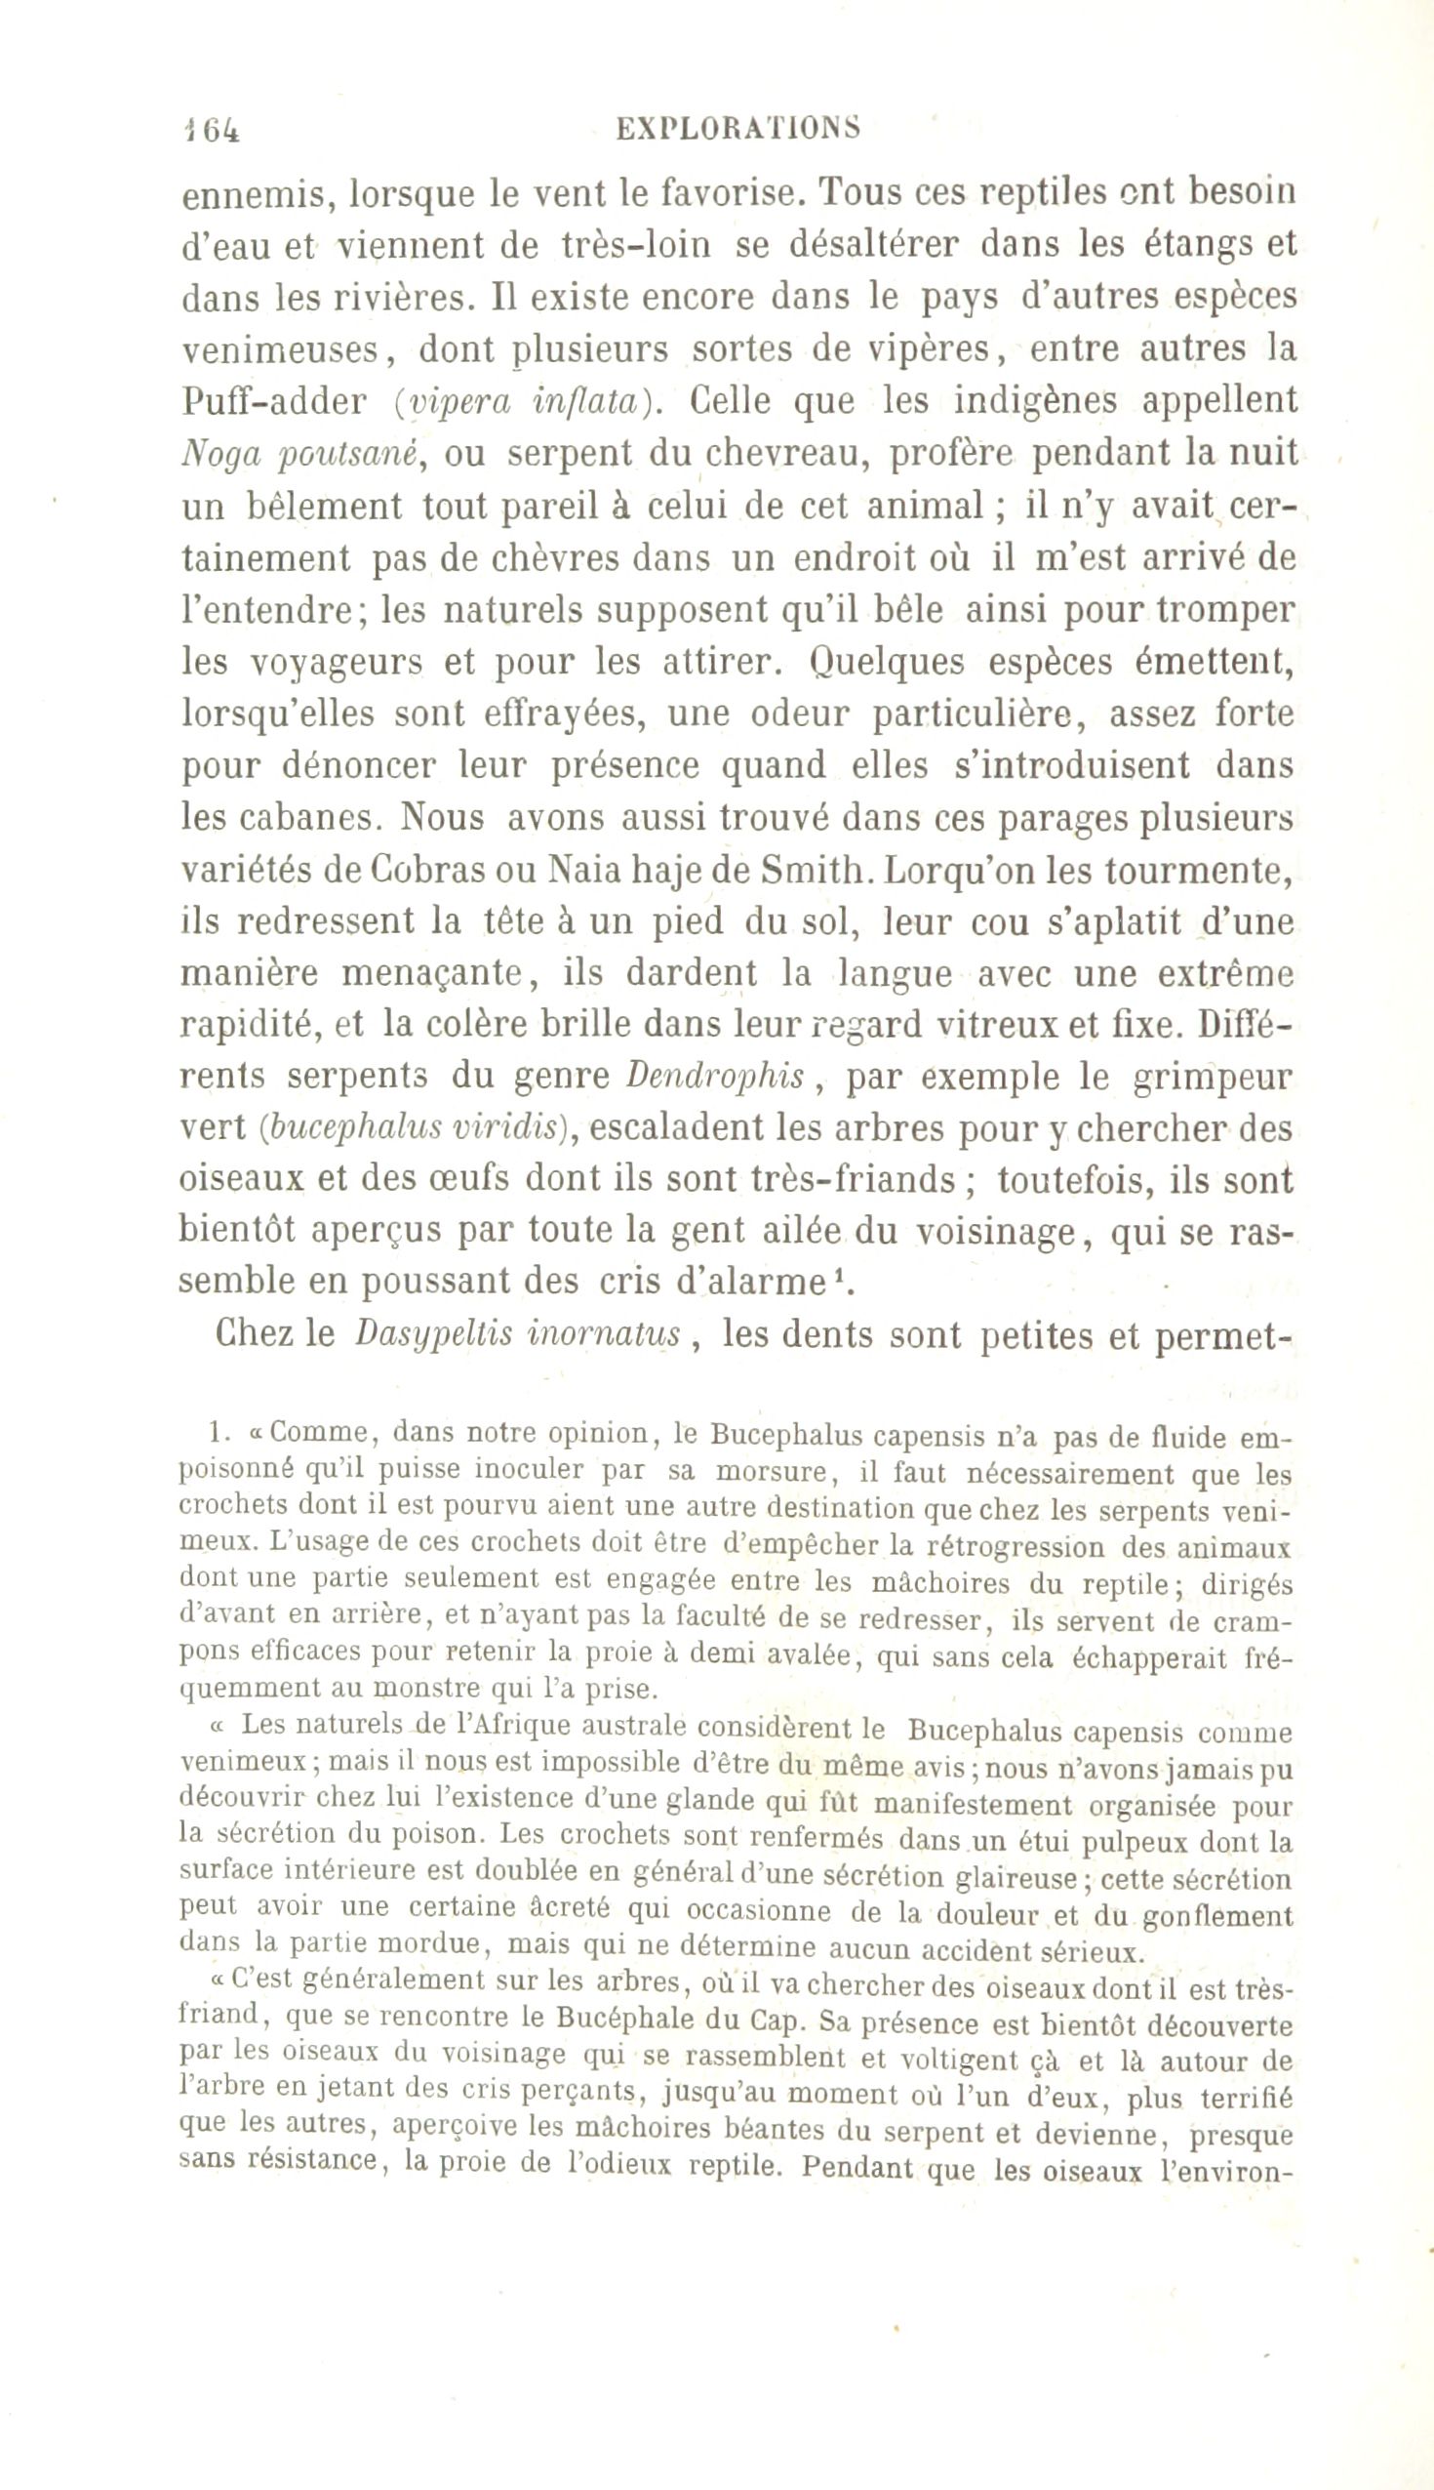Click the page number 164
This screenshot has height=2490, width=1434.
click(211, 129)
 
